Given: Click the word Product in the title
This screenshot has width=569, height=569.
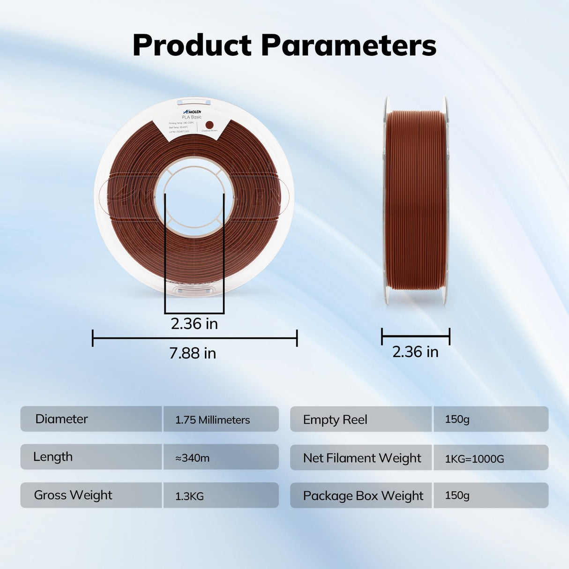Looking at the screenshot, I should click(x=192, y=45).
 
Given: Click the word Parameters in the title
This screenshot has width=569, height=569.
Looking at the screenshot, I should click(x=348, y=45).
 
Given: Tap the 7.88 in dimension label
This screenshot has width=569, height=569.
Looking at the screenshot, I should click(x=193, y=353).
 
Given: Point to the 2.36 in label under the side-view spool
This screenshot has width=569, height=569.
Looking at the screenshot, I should click(x=415, y=352).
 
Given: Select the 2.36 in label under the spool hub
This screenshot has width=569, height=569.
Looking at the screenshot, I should click(x=194, y=324).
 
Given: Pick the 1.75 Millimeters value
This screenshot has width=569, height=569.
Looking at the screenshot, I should click(x=212, y=420).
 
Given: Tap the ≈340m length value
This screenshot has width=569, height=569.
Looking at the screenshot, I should click(x=192, y=458).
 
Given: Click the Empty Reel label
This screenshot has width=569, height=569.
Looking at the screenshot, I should click(x=335, y=420).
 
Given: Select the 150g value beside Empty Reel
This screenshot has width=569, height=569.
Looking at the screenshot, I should click(x=457, y=419).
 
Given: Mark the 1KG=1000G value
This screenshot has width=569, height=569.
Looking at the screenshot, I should click(x=474, y=459).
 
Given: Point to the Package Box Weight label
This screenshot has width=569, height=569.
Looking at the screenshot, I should click(x=363, y=496).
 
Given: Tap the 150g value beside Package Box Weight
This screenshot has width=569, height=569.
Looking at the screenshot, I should click(x=457, y=495).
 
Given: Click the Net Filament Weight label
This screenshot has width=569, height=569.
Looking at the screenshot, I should click(x=362, y=458).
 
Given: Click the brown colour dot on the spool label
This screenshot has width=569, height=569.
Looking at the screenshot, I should click(x=210, y=125).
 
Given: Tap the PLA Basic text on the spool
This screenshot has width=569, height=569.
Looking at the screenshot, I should click(x=192, y=117).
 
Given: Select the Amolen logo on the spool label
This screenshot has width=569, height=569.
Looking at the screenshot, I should click(x=192, y=112).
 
